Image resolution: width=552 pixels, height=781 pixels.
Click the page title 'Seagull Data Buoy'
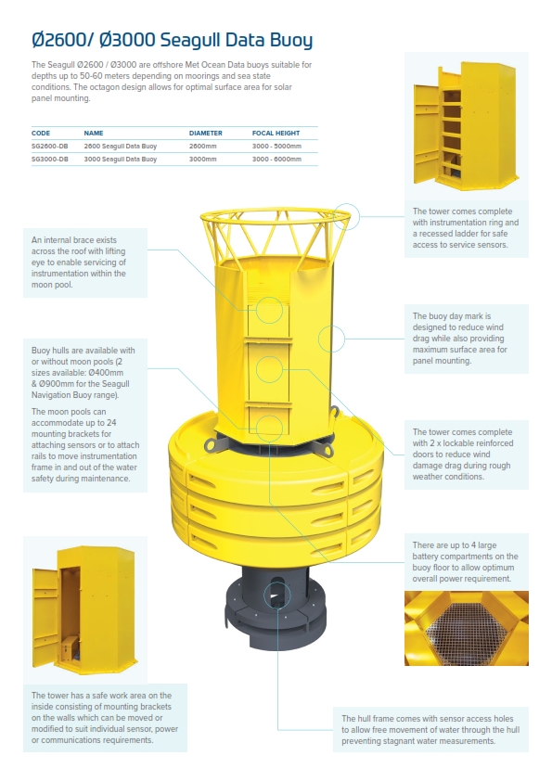pyautogui.click(x=172, y=40)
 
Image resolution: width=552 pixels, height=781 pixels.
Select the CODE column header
pyautogui.click(x=41, y=134)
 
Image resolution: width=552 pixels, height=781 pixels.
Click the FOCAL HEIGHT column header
pyautogui.click(x=276, y=134)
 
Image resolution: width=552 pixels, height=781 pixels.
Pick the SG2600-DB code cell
pyautogui.click(x=49, y=147)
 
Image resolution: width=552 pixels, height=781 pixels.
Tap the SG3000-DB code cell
pyautogui.click(x=49, y=160)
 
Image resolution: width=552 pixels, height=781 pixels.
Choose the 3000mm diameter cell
pyautogui.click(x=202, y=160)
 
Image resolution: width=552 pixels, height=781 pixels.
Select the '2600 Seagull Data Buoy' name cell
pyautogui.click(x=120, y=147)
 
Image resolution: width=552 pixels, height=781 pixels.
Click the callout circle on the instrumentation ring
pyautogui.click(x=346, y=215)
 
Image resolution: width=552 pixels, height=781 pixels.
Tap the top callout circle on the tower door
pyautogui.click(x=269, y=309)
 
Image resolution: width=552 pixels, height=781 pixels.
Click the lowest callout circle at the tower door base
pyautogui.click(x=269, y=427)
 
